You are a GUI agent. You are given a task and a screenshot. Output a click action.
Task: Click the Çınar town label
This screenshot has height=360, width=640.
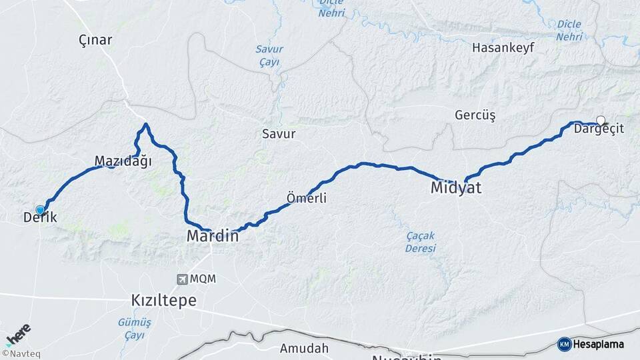[x=95, y=40]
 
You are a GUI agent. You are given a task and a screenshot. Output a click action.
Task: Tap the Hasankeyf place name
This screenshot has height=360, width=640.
[x=501, y=48]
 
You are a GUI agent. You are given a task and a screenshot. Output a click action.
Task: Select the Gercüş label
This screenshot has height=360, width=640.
[x=475, y=115]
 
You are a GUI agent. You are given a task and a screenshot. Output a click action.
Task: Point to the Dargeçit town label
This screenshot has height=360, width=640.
[x=599, y=129]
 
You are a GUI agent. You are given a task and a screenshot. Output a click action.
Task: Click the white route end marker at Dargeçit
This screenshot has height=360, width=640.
[x=601, y=121]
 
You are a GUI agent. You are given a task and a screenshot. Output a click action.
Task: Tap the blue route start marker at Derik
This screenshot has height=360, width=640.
[x=40, y=210]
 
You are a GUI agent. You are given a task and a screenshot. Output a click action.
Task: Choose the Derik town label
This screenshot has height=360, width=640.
[x=40, y=218]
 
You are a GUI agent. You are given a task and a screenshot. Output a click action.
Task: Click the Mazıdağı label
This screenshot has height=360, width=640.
[x=123, y=161]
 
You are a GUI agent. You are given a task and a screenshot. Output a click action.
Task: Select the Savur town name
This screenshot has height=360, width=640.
[x=279, y=134]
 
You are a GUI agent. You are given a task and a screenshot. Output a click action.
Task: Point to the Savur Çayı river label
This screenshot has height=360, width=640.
[x=269, y=55]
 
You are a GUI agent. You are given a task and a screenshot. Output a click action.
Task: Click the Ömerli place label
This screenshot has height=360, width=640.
[x=306, y=198]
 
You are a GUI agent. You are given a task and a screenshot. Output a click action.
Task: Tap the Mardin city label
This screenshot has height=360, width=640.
[x=213, y=236]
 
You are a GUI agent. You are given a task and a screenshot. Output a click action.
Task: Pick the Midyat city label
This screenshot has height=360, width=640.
[x=455, y=188]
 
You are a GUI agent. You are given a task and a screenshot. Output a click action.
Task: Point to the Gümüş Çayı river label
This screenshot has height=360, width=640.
[x=134, y=329]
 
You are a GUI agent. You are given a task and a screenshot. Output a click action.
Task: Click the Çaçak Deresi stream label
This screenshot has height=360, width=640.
[x=421, y=242]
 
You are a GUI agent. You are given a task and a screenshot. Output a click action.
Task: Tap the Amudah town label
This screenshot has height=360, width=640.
[x=304, y=348]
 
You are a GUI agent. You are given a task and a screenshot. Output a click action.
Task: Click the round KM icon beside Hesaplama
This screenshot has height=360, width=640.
[x=564, y=344]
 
